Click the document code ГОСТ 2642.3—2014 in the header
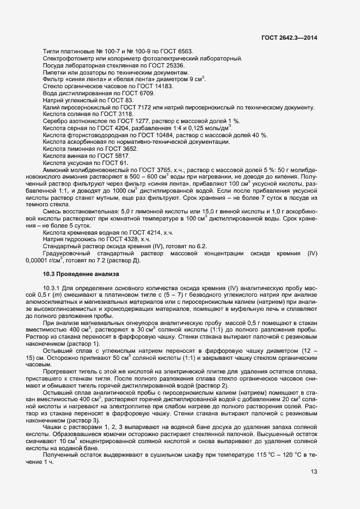[290, 38]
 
